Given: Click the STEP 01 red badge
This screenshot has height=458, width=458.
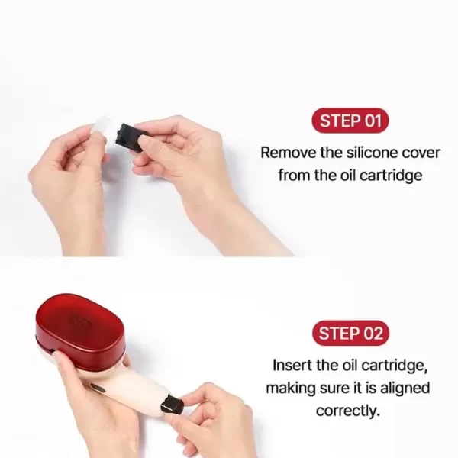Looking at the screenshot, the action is point(350,121).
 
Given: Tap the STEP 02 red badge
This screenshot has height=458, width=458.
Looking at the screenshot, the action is point(350,333).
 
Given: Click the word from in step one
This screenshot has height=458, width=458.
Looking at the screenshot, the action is point(294,176).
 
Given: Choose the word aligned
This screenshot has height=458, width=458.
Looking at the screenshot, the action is point(405,389).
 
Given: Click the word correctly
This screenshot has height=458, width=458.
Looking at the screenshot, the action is point(348,411).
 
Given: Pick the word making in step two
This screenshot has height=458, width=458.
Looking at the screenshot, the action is point(291,389).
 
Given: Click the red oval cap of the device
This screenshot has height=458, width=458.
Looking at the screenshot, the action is point(79,327).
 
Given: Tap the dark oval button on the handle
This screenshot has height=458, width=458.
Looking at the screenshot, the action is point(98,389).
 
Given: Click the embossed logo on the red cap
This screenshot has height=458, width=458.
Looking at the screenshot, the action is point(79,321).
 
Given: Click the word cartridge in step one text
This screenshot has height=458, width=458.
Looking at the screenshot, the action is point(391,176).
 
